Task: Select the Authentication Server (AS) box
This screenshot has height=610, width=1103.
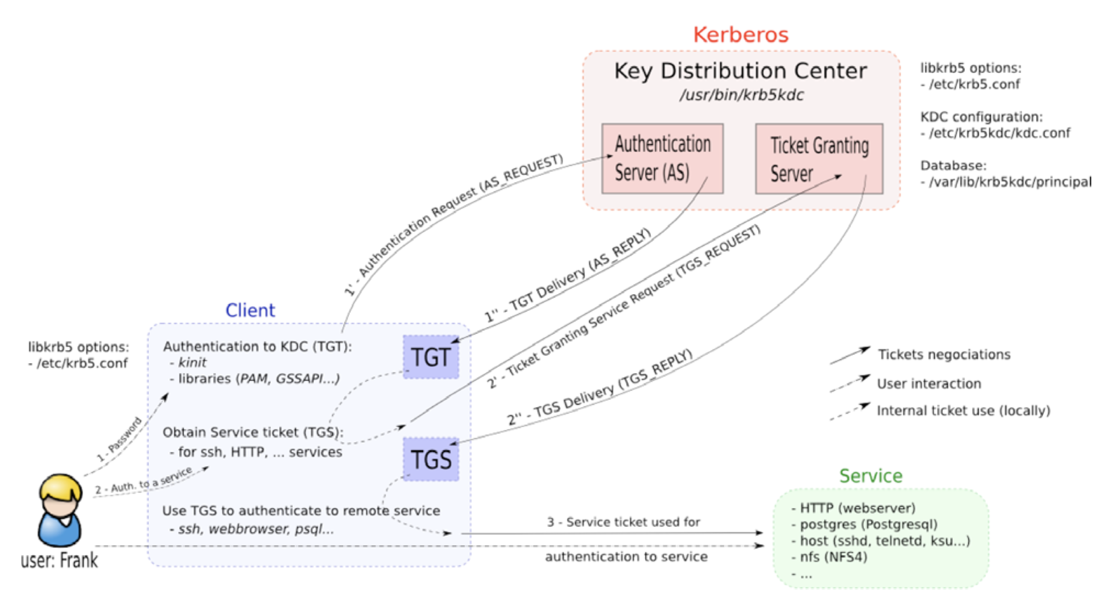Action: [x=661, y=158]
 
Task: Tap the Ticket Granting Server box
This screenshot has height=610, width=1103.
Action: [x=818, y=158]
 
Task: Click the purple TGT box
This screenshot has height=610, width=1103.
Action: [x=431, y=356]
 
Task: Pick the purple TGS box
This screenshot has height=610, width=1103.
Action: [x=431, y=459]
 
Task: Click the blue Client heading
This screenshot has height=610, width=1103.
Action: [x=250, y=310]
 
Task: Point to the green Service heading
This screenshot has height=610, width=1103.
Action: [x=870, y=476]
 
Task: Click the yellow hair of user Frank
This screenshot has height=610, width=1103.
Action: [x=60, y=486]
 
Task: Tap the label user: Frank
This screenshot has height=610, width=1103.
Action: [x=59, y=560]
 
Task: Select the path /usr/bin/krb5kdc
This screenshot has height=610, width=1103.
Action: [x=741, y=95]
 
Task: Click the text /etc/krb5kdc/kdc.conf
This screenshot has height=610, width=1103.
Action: [x=999, y=133]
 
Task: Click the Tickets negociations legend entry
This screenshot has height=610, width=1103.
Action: [x=944, y=354]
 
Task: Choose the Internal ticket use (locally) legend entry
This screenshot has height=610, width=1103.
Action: [x=963, y=410]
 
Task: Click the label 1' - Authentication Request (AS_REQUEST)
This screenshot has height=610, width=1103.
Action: [x=453, y=224]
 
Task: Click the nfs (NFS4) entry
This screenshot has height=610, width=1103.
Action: [x=833, y=557]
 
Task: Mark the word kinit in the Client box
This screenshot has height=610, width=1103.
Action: [x=192, y=363]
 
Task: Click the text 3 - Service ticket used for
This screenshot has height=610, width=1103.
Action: [x=623, y=522]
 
